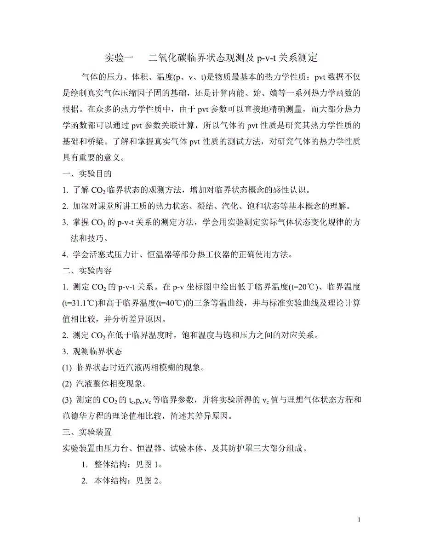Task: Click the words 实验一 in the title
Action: tap(119, 58)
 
